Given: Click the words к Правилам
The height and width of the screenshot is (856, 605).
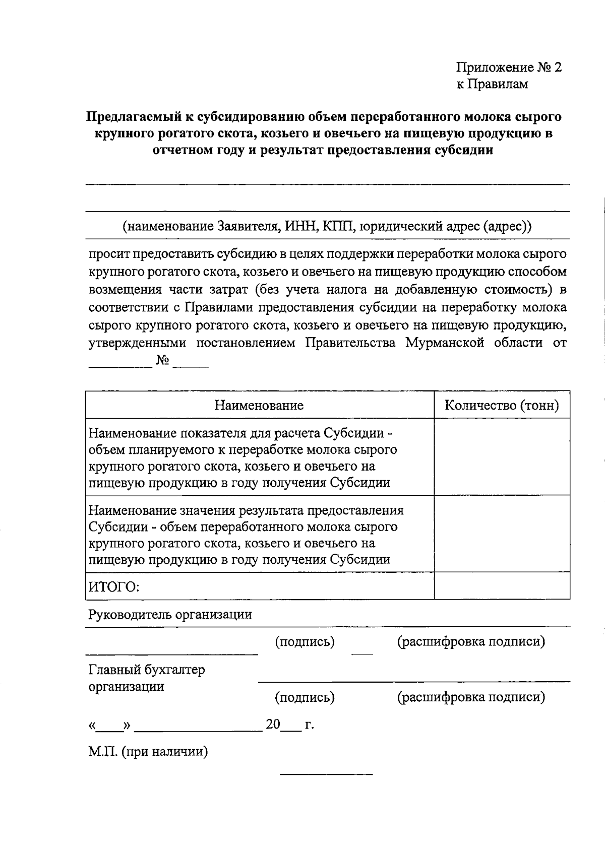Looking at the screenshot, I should coord(492,84).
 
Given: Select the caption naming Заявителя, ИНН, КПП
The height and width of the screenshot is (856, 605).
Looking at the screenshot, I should coord(327,226).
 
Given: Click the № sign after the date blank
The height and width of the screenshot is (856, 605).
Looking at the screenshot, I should coord(162,361).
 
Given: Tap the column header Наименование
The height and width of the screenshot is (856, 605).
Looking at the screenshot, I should coord(259,405).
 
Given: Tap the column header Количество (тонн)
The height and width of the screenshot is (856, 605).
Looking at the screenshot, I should coord(502,405).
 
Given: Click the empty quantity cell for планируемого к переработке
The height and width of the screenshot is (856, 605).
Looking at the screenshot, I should coord(502,457).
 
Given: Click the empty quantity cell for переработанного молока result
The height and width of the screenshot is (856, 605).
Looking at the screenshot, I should coord(502,534).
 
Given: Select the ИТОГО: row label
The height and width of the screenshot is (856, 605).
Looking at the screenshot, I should coord(114,587).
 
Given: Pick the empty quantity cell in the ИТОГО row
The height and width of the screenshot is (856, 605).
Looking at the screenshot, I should coord(502,586).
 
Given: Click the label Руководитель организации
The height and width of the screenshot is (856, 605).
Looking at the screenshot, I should coord(170,615).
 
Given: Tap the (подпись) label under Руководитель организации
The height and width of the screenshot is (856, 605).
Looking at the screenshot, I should coord(305,642).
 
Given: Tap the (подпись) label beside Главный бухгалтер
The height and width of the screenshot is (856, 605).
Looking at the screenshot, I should coord(305,697).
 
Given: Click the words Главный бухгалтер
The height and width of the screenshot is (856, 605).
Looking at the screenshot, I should coord(147,670).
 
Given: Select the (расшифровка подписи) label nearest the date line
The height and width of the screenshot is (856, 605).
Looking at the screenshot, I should coord(471,697).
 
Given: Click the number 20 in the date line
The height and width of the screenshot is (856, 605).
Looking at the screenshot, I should coord(273,725).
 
